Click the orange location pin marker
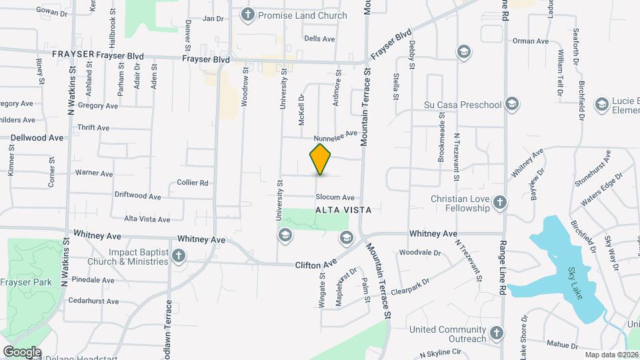click(321, 159)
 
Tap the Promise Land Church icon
click(248, 15)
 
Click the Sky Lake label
click(575, 283)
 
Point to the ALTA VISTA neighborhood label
click(343, 209)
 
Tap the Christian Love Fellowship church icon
click(501, 202)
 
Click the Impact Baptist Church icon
click(179, 255)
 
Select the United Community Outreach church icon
click(495, 333)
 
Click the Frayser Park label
click(27, 283)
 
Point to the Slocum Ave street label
click(335, 197)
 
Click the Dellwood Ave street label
click(37, 138)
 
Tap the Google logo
click(21, 352)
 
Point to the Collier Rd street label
click(193, 183)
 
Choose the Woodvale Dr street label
click(420, 253)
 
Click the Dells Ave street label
click(319, 39)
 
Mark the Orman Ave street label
click(530, 41)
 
